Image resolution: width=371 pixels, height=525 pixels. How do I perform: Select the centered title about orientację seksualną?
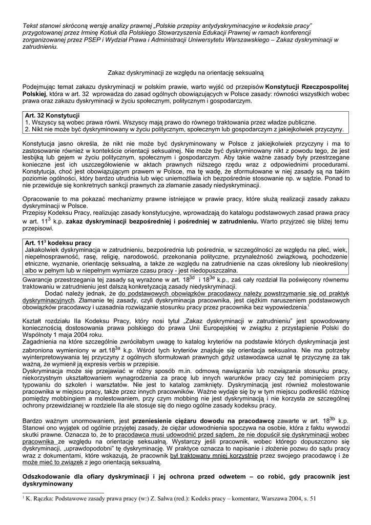(x=186, y=74)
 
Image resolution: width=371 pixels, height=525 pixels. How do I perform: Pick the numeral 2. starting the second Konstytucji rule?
(x=28, y=130)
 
